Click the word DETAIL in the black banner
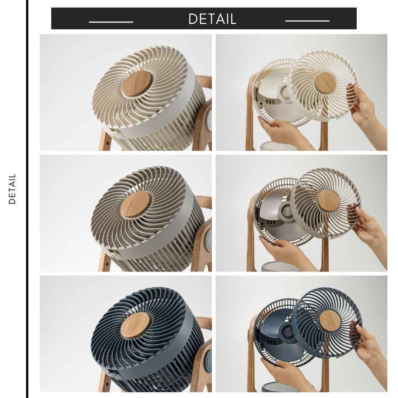(212, 19)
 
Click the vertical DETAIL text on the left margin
(13, 189)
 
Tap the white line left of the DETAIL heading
(111, 22)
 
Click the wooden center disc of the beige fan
(136, 204)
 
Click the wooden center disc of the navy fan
(135, 325)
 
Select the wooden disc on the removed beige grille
(328, 200)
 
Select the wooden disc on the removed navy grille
(330, 320)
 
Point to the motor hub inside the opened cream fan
(284, 92)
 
